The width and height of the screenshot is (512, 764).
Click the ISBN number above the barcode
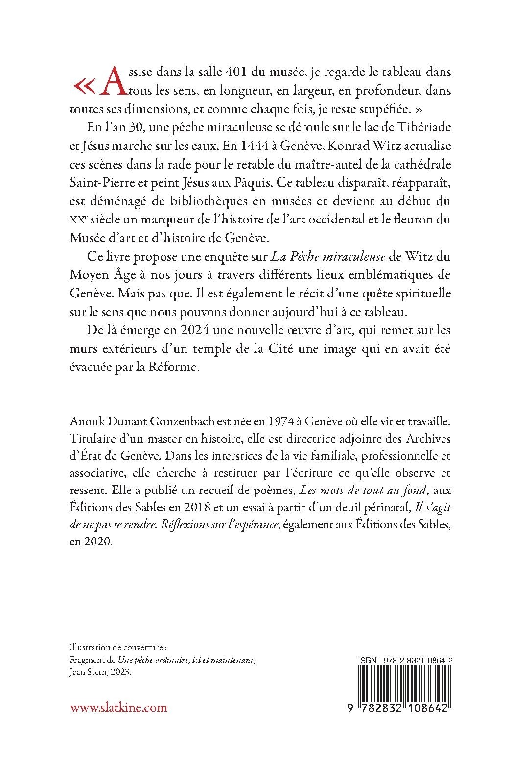point(408,661)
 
